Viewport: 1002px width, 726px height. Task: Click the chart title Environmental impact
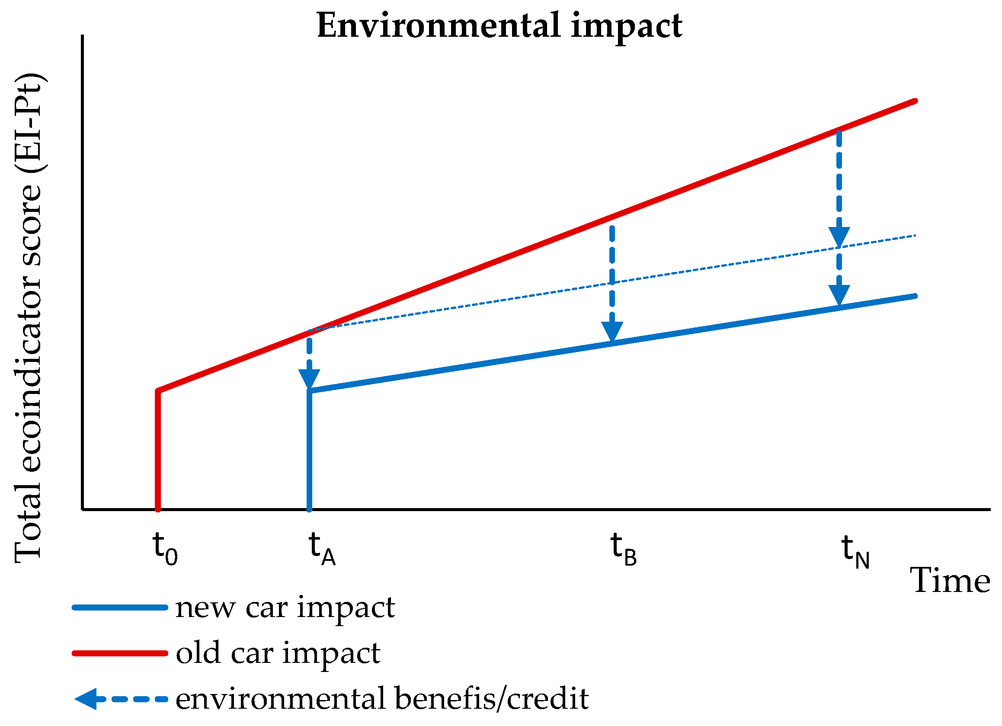coord(499,26)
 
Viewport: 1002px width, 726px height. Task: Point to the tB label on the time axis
coord(623,548)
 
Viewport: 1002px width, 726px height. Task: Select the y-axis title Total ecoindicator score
coord(29,318)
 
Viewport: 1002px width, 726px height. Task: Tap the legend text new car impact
coord(285,608)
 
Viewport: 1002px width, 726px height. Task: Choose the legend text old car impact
coord(278,653)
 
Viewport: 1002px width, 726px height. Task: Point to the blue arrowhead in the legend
coord(86,699)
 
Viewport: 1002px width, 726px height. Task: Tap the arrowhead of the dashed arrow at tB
coord(612,331)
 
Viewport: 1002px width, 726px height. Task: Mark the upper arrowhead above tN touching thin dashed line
coord(839,237)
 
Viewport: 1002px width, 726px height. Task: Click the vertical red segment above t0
coord(158,451)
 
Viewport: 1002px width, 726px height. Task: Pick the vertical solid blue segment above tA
coord(309,451)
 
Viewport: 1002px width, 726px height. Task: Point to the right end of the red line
coord(915,101)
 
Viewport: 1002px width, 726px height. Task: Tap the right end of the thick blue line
coord(915,297)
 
